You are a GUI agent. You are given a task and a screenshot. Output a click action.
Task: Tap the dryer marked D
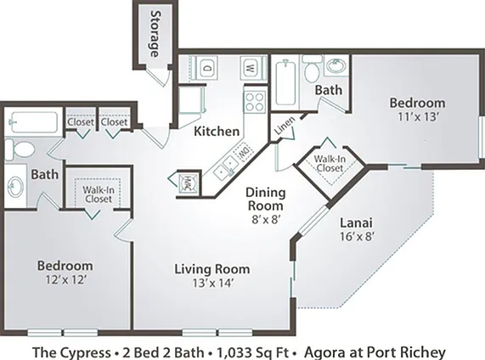coord(206,66)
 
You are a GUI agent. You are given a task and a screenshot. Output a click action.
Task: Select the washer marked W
coord(251,68)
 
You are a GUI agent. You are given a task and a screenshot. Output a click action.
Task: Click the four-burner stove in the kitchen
coord(255,102)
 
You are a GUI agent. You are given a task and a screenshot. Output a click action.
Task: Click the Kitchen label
coord(217,132)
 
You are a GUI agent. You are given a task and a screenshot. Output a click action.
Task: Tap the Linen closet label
coord(285,126)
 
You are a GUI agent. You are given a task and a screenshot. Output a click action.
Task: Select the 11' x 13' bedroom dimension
coord(419,117)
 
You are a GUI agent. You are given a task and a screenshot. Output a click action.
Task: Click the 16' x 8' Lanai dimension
coord(358,236)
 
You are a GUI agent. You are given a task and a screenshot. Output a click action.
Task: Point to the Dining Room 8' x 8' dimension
coord(266,219)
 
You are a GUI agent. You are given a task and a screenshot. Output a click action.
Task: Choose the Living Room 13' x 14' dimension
coord(213,283)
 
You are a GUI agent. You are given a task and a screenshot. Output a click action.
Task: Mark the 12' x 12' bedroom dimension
coord(65,280)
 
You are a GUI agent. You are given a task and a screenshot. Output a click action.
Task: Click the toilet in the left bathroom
coord(20,150)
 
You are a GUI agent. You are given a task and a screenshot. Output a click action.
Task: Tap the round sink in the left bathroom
coord(15,188)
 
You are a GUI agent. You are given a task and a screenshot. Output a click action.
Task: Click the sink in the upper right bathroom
coord(337,66)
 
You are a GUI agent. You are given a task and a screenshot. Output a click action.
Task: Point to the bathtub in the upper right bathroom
coord(285,82)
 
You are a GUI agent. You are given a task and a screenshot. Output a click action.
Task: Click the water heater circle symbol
coord(188,181)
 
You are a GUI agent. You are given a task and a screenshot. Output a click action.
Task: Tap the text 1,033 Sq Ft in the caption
coord(253,352)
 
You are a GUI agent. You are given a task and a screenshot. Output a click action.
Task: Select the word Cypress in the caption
coord(84,353)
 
